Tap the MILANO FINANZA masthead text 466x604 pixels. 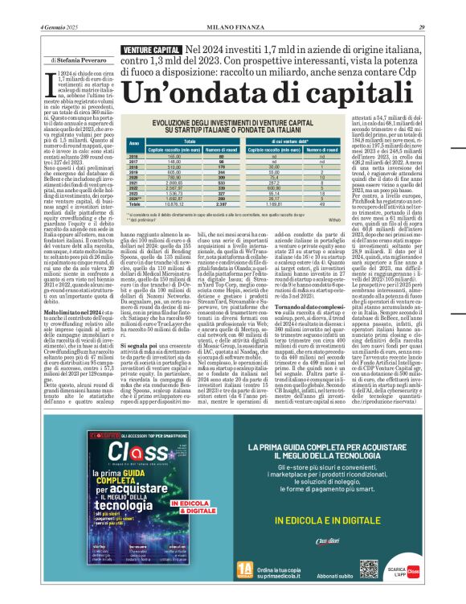click(x=233, y=6)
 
